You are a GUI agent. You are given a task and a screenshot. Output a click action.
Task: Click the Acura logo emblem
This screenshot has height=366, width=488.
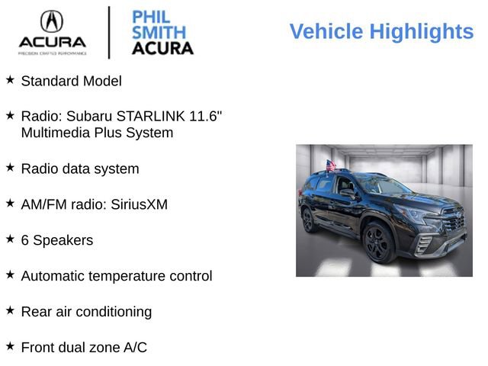click(x=52, y=21)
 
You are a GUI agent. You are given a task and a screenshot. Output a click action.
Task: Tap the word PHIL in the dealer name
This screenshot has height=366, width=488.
click(x=150, y=17)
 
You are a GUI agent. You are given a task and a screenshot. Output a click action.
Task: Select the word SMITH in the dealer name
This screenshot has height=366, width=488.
click(x=159, y=32)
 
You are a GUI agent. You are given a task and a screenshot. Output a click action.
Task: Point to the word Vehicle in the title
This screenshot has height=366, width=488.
click(x=326, y=31)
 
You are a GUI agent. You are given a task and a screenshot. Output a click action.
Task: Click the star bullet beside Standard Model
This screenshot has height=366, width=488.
click(x=10, y=79)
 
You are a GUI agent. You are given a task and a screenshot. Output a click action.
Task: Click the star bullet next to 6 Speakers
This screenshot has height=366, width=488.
click(x=10, y=239)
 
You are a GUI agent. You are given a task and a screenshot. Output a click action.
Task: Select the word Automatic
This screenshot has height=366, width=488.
click(x=54, y=276)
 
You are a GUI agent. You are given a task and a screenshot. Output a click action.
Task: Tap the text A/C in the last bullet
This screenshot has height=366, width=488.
click(x=135, y=348)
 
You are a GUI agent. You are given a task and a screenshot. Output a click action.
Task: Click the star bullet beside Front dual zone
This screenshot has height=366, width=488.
click(x=10, y=346)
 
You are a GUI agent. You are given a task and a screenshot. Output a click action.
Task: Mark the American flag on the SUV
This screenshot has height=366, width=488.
click(x=330, y=165)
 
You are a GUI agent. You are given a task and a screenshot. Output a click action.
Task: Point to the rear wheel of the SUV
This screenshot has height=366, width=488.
click(x=310, y=220)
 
